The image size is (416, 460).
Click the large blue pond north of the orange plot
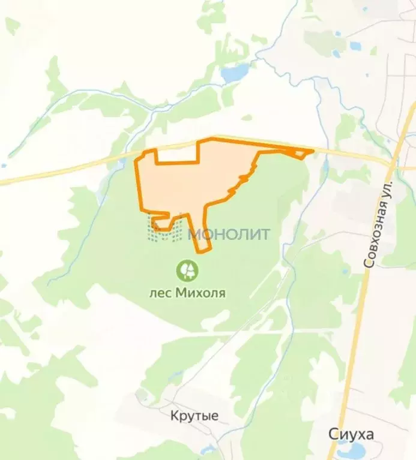235,73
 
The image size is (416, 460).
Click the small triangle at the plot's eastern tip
303,154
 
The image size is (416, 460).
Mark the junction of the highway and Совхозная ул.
393,160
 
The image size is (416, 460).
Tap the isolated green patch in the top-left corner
11,25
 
